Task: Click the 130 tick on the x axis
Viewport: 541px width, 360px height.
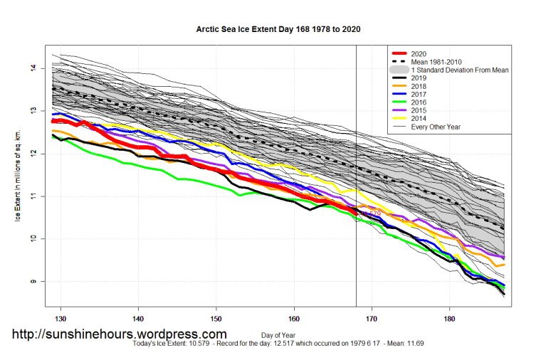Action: click(x=61, y=318)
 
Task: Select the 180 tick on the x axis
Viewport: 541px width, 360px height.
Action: click(x=449, y=318)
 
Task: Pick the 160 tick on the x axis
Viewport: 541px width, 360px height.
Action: click(x=294, y=318)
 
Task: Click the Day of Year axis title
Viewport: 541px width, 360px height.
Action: click(x=280, y=334)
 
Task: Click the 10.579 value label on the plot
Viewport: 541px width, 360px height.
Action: click(x=370, y=213)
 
